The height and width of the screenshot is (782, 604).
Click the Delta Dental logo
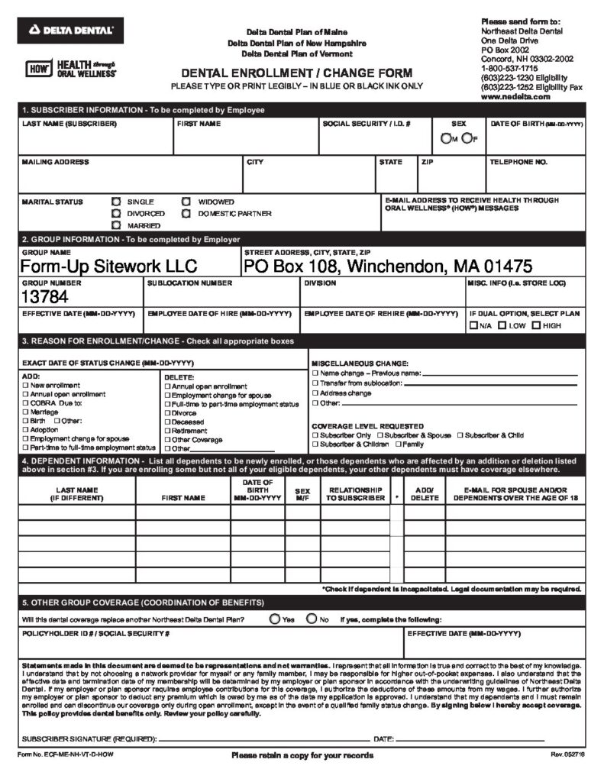[x=70, y=30]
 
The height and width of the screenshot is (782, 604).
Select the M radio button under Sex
[x=446, y=138]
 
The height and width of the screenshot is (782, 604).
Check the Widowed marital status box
[x=186, y=202]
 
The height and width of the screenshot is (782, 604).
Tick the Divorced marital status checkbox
[x=116, y=214]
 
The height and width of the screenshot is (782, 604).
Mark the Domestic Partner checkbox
[x=186, y=214]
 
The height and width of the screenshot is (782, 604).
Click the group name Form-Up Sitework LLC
[x=108, y=267]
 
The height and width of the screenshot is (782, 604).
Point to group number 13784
[x=44, y=296]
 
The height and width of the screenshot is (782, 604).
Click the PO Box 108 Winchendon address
[x=388, y=267]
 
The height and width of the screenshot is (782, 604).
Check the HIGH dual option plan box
[x=536, y=325]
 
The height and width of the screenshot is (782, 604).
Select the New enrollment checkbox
[x=26, y=386]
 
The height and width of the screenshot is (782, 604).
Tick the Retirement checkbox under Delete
[x=166, y=431]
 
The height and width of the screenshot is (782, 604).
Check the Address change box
[x=315, y=393]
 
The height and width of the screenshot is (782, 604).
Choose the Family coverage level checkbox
[x=398, y=444]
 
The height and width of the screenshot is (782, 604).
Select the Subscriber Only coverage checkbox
[x=315, y=435]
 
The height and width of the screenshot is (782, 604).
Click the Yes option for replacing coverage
[x=274, y=619]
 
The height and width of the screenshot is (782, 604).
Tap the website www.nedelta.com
[x=515, y=97]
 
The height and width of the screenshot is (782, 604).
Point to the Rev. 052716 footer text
[x=567, y=755]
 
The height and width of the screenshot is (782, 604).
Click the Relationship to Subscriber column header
[x=355, y=493]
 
